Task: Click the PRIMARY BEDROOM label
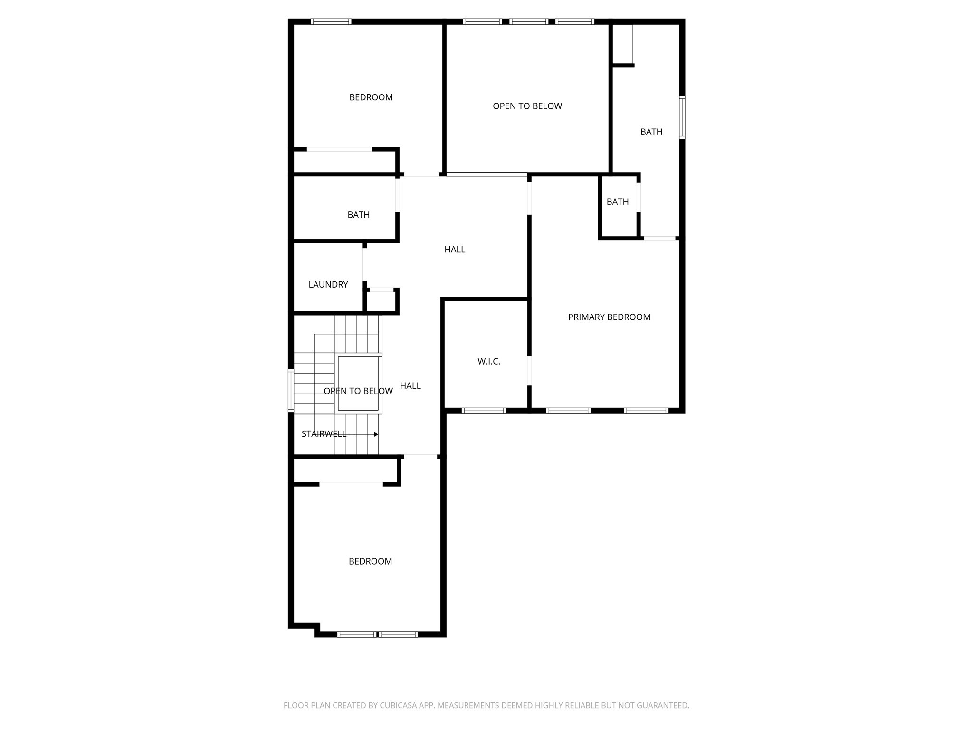click(609, 317)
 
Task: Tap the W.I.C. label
click(489, 362)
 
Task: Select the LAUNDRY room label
click(328, 285)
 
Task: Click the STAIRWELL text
click(324, 434)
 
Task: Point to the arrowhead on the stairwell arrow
click(376, 434)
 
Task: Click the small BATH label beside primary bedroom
click(618, 202)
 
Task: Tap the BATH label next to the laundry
click(359, 215)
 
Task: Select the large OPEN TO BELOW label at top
click(527, 106)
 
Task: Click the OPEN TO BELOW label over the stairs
click(358, 391)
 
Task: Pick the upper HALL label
click(455, 250)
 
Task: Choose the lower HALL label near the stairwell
click(410, 386)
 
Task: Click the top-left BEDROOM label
click(371, 97)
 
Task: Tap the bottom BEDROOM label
click(371, 561)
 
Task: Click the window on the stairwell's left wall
click(291, 390)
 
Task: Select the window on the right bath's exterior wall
click(682, 117)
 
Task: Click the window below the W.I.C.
click(484, 411)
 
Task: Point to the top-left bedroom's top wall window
click(331, 21)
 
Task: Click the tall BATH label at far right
click(651, 132)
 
